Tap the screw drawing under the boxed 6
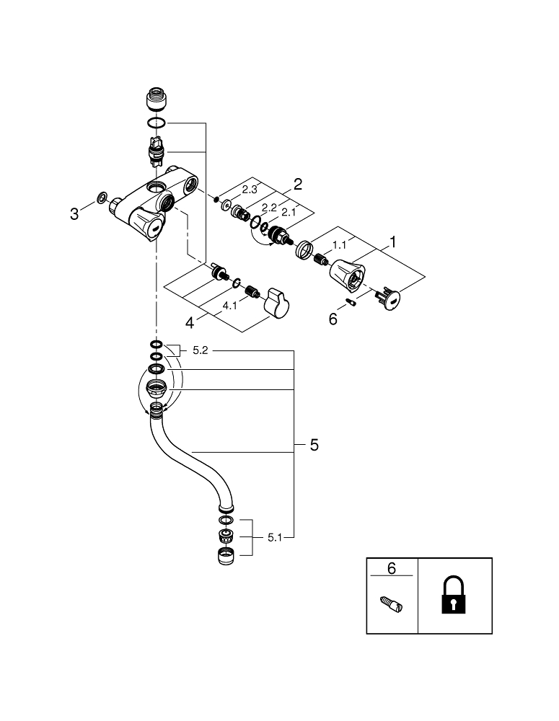click(392, 603)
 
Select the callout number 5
click(314, 446)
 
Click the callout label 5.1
click(276, 537)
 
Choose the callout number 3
click(74, 213)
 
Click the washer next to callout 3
click(102, 197)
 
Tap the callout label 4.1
click(230, 306)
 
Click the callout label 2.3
click(250, 189)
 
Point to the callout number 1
click(393, 242)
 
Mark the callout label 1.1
click(339, 245)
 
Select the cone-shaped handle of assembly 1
click(348, 273)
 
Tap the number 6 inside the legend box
click(392, 568)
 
